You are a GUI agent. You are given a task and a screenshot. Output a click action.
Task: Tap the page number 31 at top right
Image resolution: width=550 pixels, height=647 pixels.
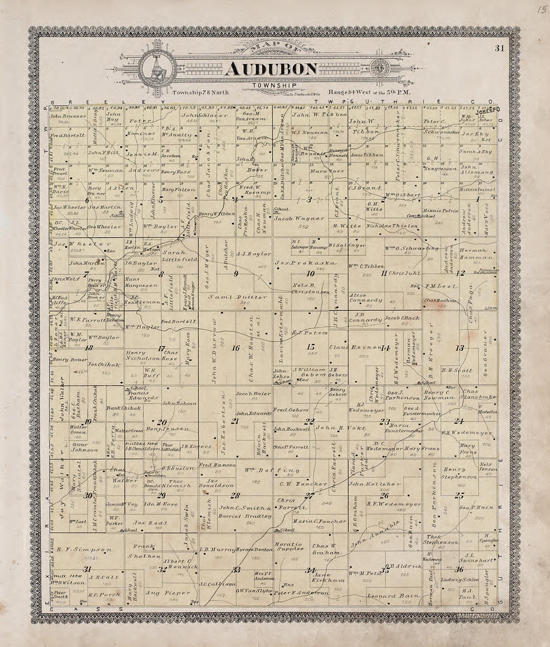(x=498, y=48)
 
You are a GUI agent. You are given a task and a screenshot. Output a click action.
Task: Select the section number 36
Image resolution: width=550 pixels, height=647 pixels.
(x=459, y=570)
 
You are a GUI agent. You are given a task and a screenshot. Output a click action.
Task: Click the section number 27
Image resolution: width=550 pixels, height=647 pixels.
(x=310, y=496)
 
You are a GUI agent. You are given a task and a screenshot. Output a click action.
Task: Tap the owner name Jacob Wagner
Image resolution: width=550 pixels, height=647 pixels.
(x=292, y=218)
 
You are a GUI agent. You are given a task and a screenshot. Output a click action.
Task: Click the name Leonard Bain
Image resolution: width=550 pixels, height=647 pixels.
(x=386, y=596)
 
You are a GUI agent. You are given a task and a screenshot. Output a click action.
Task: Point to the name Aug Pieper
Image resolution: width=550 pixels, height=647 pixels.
(x=160, y=593)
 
